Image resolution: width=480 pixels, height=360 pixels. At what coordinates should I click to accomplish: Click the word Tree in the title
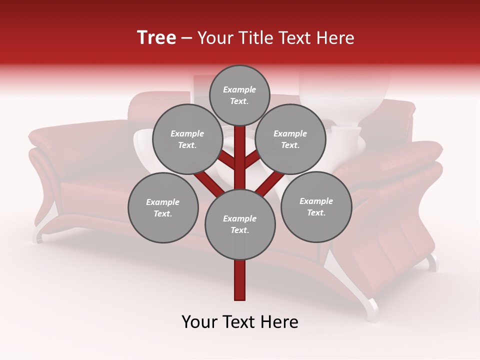point(156,37)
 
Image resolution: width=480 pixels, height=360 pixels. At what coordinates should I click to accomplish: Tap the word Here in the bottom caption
point(278,322)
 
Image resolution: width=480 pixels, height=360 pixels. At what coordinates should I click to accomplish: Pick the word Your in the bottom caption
point(200,322)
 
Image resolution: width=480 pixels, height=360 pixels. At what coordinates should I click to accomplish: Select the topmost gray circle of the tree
point(239,95)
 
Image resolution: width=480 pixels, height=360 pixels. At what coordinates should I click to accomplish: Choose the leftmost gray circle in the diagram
point(163,207)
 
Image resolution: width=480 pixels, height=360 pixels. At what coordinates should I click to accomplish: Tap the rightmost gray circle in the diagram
point(316,206)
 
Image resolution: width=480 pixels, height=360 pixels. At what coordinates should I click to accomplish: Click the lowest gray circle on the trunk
point(240,224)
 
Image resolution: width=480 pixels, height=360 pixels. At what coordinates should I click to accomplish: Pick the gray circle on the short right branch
point(290,139)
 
